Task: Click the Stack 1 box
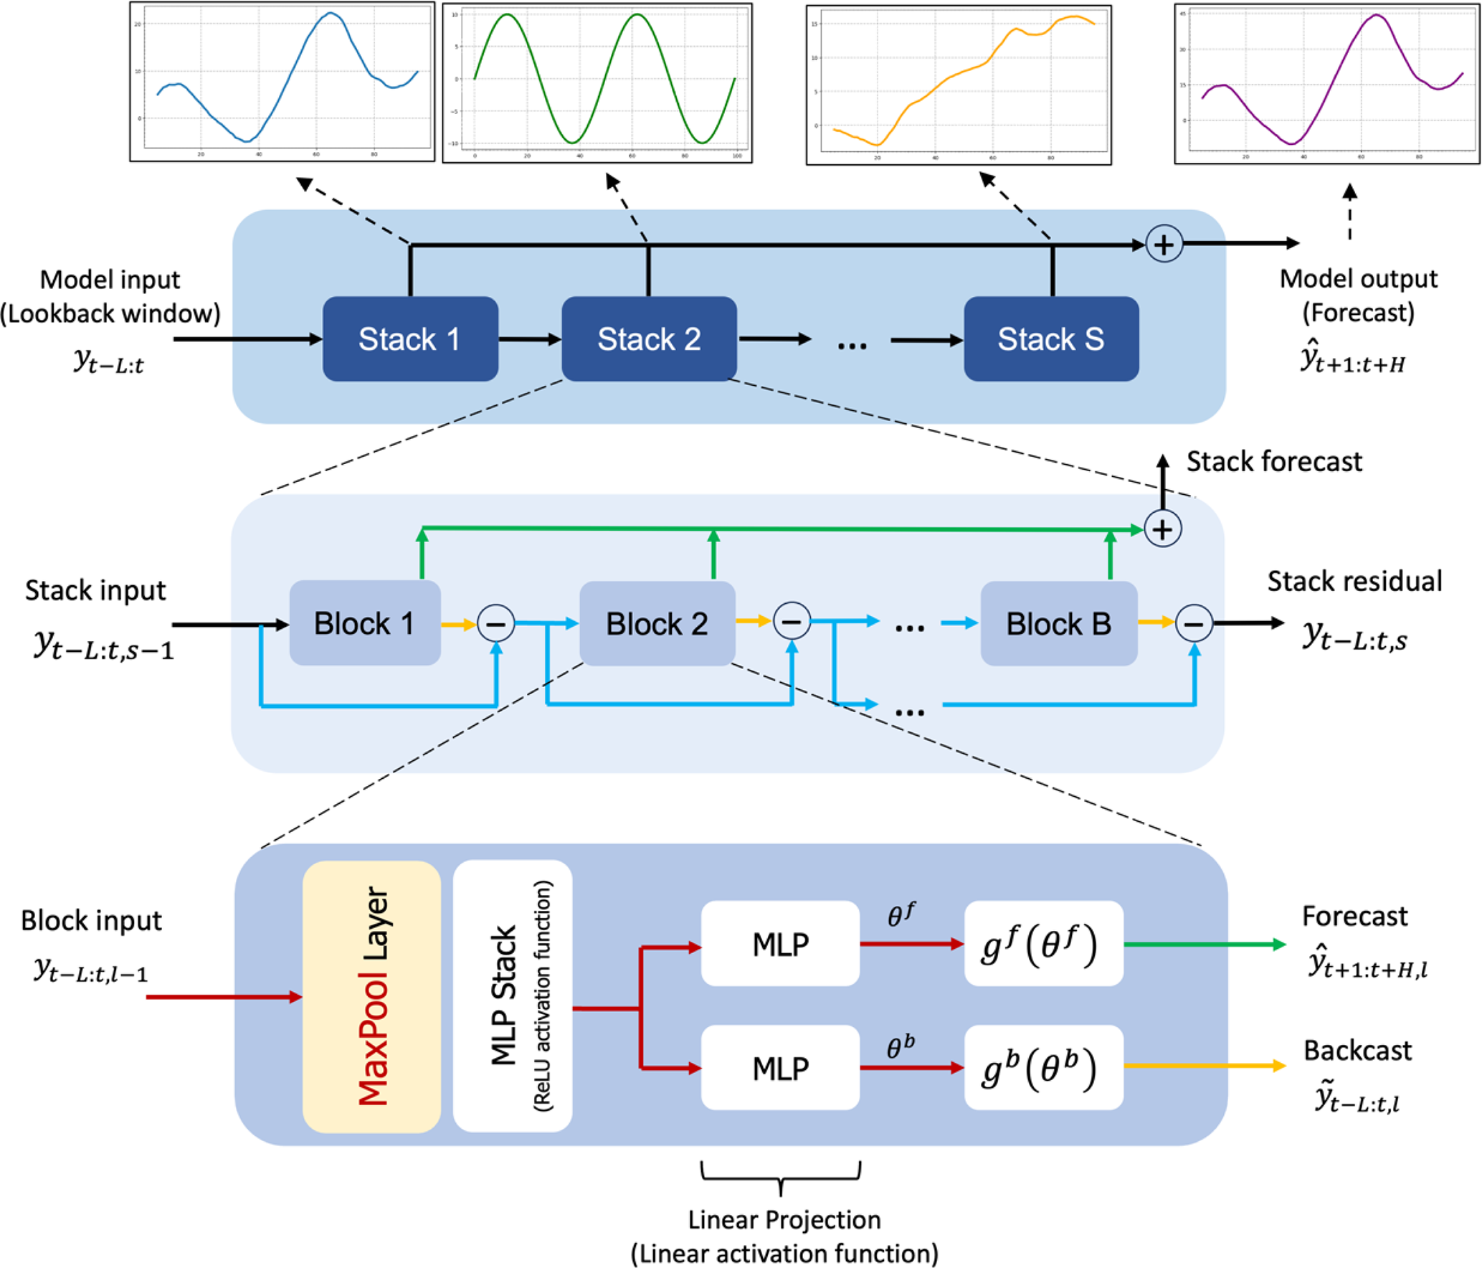(x=410, y=339)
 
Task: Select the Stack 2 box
(x=649, y=339)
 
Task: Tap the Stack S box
(x=1051, y=339)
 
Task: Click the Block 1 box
(x=365, y=623)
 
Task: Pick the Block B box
(x=1058, y=623)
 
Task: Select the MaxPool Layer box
(x=371, y=996)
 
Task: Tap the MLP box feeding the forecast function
(x=780, y=944)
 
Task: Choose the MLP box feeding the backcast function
(x=780, y=1068)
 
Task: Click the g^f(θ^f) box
(x=1043, y=944)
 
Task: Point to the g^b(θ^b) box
(x=1043, y=1068)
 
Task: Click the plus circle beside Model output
(x=1164, y=244)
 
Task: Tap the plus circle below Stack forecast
(x=1162, y=529)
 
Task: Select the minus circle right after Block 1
(x=496, y=623)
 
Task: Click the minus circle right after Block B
(x=1194, y=623)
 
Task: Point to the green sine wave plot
(x=597, y=82)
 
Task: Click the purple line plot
(x=1326, y=82)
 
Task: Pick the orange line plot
(x=959, y=85)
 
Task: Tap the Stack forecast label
(x=1273, y=462)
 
